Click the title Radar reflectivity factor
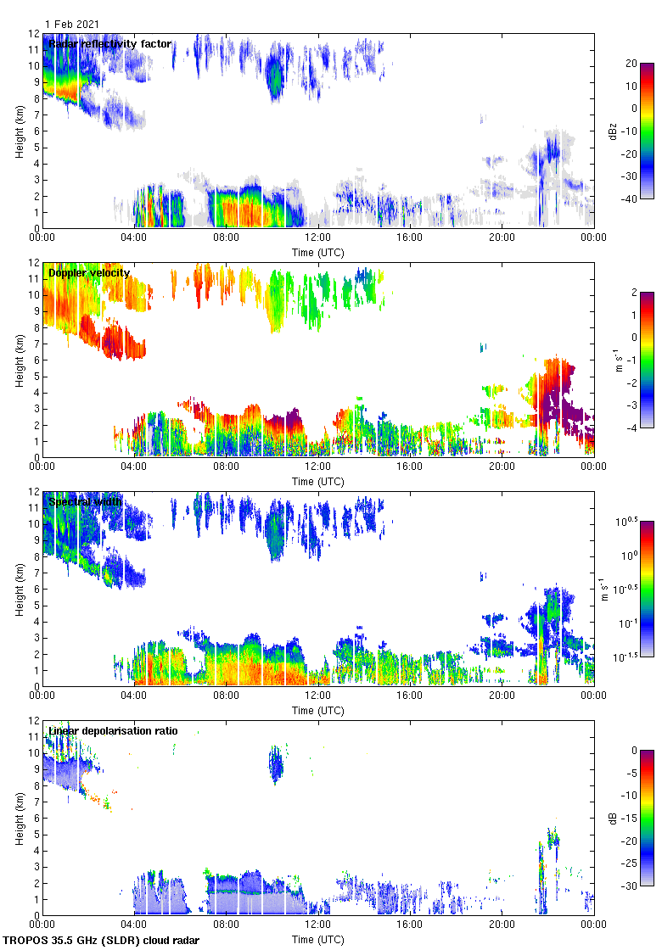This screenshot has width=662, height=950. [109, 44]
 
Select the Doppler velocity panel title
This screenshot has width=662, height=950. [89, 273]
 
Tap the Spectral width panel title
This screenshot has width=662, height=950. [85, 502]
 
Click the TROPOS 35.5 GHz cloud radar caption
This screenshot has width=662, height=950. [103, 941]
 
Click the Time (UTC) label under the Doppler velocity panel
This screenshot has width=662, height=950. [317, 481]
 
